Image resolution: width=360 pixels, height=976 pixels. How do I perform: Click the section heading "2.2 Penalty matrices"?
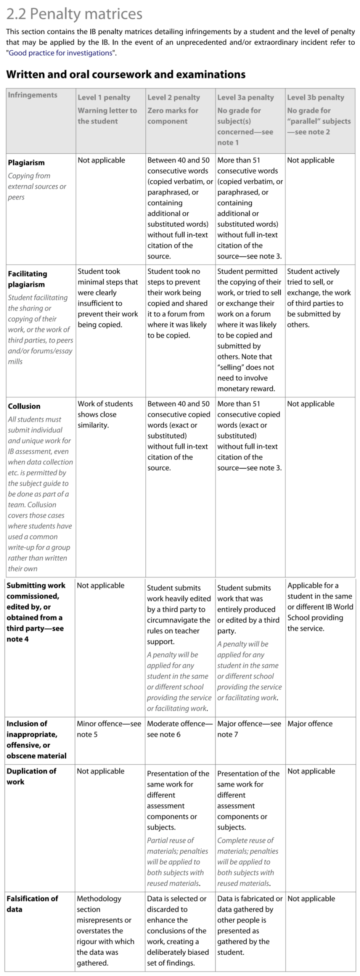pos(74,14)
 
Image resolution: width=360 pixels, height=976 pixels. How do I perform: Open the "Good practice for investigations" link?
pos(61,53)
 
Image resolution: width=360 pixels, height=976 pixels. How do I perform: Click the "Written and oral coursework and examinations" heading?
pos(125,74)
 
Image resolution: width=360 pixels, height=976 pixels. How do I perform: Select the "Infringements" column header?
pos(32,95)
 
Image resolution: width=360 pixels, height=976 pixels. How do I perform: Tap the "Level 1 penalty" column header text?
pos(104,98)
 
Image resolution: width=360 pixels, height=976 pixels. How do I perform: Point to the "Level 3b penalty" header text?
pos(315,98)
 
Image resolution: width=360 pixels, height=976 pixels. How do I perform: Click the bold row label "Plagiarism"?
pos(26,162)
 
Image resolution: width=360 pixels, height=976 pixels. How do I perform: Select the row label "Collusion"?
pos(24,406)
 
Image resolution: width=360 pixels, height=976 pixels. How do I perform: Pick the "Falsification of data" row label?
pos(32,904)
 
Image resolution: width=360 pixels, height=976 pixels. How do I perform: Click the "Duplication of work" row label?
pos(31,776)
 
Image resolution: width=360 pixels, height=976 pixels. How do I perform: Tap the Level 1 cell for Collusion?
pos(105,414)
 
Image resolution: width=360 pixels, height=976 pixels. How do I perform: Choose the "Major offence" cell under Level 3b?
pos(310,724)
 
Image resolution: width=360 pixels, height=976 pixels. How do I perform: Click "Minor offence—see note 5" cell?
pos(109,729)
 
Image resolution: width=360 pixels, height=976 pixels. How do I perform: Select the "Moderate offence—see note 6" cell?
pos(180,729)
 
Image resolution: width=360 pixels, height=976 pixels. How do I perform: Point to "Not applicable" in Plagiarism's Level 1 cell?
pos(101,160)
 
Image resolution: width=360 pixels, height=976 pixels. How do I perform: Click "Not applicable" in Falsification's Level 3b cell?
pos(311,899)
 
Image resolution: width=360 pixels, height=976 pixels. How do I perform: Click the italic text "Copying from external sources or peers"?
pos(37,186)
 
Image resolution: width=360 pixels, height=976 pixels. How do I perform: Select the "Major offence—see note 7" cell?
pos(249,729)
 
